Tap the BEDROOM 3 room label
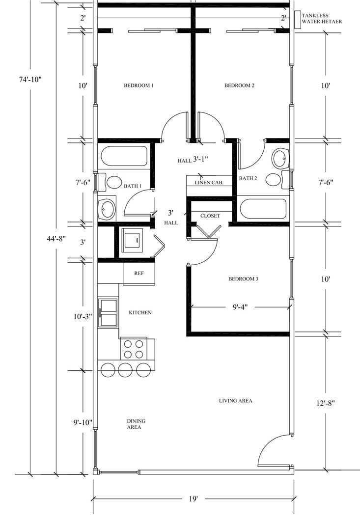[x=243, y=279]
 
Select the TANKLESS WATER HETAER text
[x=322, y=19]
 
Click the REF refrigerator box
[x=139, y=274]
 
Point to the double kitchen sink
[x=108, y=312]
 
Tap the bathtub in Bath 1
[x=124, y=157]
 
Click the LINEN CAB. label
[x=209, y=182]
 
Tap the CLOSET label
[x=210, y=216]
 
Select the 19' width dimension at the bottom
[x=194, y=499]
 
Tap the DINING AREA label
[x=136, y=424]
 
